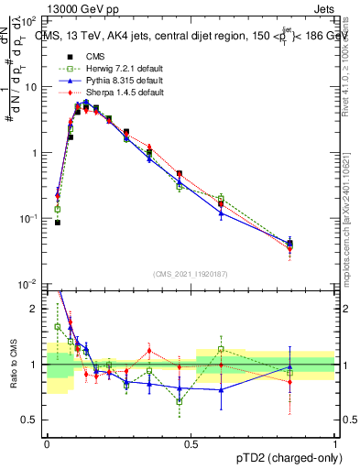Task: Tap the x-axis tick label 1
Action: [x=335, y=442]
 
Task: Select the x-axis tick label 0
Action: [x=47, y=442]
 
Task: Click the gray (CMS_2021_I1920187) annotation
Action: [x=191, y=274]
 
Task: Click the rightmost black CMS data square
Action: [x=315, y=243]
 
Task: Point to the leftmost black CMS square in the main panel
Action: [x=58, y=222]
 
